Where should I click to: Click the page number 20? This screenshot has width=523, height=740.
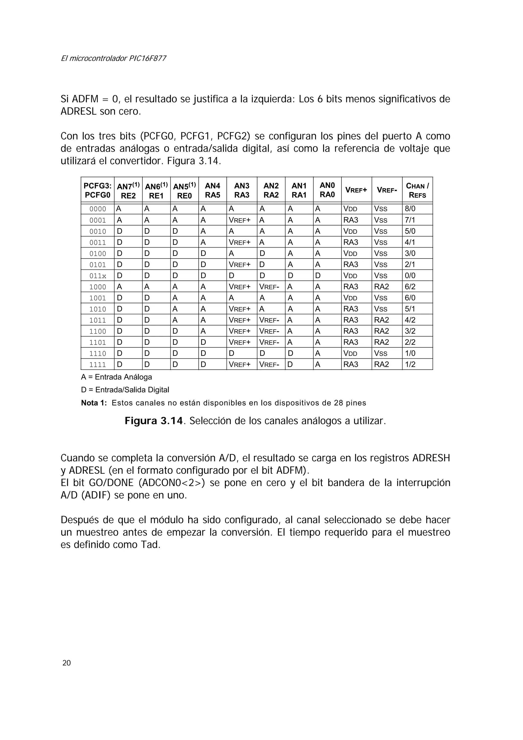click(66, 663)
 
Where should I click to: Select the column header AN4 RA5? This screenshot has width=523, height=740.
click(212, 190)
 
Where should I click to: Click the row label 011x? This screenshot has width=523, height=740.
click(98, 276)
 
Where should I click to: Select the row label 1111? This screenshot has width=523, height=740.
click(98, 365)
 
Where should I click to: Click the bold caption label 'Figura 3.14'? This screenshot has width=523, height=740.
click(154, 421)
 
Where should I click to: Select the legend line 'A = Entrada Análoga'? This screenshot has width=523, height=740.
click(116, 377)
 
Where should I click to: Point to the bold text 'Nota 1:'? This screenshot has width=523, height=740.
click(94, 403)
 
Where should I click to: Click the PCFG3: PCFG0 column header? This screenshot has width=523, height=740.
click(97, 190)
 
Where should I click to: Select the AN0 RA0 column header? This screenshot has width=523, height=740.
click(327, 190)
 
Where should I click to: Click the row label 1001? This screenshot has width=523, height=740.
click(98, 298)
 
